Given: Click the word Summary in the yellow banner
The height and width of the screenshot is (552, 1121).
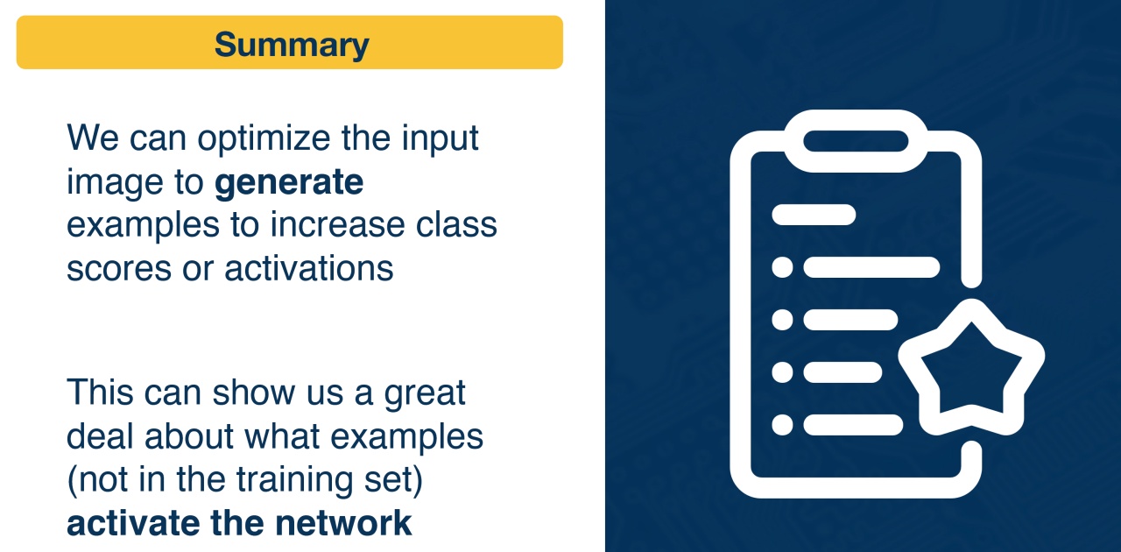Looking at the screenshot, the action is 292,46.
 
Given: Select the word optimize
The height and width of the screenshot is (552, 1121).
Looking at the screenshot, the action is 264,139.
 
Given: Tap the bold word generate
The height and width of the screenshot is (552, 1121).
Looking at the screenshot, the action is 289,183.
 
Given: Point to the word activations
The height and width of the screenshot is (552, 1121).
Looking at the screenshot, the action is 309,269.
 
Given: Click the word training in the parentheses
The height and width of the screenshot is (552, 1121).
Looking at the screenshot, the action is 294,481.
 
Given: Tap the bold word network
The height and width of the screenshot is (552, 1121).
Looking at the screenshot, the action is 343,523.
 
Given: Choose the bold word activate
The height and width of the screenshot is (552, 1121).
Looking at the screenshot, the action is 133,524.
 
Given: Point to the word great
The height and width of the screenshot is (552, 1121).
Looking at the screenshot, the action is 425,394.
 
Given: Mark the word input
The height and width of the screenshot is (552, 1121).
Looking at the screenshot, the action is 441,139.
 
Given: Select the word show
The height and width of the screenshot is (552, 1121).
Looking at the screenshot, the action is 254,393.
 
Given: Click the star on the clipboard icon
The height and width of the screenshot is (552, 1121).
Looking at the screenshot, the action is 971,368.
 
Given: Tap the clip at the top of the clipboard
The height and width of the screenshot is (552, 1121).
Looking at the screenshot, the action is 856,141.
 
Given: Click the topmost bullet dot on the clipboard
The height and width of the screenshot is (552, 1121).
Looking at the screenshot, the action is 782,267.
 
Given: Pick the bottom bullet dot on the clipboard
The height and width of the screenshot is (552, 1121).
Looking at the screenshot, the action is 782,425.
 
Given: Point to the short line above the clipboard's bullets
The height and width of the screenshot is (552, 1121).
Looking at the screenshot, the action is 814,215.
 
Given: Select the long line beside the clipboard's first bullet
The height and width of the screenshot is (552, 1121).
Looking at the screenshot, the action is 871,267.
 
